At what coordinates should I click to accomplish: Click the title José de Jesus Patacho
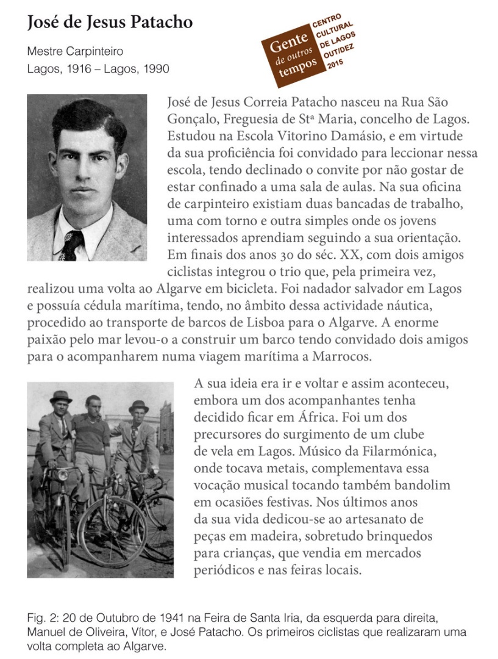coord(110,23)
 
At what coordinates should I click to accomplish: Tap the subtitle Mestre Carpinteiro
coord(75,51)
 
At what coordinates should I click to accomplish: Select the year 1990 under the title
coord(155,68)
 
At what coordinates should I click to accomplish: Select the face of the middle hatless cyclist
coord(93,405)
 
